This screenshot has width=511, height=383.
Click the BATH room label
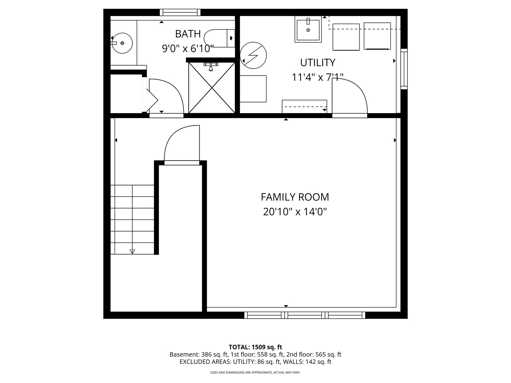[x=188, y=34]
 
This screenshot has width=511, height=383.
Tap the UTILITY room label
[x=318, y=62]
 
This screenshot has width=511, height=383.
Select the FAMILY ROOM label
[x=295, y=197]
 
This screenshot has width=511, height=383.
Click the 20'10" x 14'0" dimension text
[x=295, y=212]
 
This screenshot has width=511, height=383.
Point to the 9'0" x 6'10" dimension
[x=188, y=49]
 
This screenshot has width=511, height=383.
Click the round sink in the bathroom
[x=122, y=43]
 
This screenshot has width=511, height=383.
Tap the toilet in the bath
[x=219, y=38]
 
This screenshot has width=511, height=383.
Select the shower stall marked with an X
[x=211, y=88]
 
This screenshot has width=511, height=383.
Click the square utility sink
[x=308, y=29]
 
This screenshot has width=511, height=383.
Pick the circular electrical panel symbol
[x=253, y=55]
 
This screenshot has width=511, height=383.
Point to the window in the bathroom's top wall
[x=180, y=12]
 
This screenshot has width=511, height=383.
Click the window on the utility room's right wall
[x=404, y=69]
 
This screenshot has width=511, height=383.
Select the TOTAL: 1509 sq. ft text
[x=255, y=347]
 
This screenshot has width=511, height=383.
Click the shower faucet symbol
[x=211, y=67]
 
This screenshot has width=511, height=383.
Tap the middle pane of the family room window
[x=305, y=315]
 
